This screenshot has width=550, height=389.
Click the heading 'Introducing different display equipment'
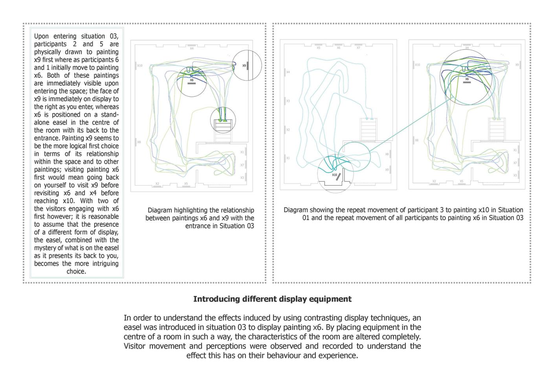click(x=272, y=299)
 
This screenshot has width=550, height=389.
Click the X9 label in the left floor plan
click(x=244, y=66)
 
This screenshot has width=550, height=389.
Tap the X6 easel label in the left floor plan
click(x=192, y=80)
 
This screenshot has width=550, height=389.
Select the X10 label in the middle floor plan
click(x=334, y=175)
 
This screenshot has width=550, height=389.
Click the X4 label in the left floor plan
click(x=192, y=48)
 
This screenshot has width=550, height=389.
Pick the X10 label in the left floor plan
click(x=140, y=66)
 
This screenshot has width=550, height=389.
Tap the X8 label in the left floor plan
click(x=139, y=142)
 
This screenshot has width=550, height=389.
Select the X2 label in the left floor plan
click(x=157, y=183)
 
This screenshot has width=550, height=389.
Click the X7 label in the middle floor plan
click(x=358, y=48)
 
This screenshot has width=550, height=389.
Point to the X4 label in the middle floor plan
click(x=288, y=72)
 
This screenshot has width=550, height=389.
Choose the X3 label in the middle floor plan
click(x=288, y=101)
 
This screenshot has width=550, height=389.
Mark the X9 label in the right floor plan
click(x=517, y=65)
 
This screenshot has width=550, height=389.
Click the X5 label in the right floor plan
click(x=461, y=182)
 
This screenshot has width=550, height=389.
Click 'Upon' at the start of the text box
click(x=41, y=36)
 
